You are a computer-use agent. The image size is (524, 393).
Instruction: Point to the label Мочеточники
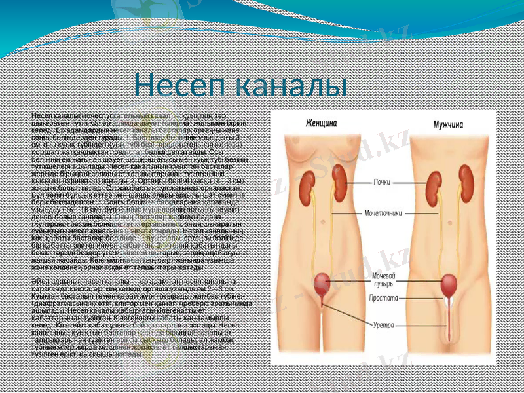point(393,213)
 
